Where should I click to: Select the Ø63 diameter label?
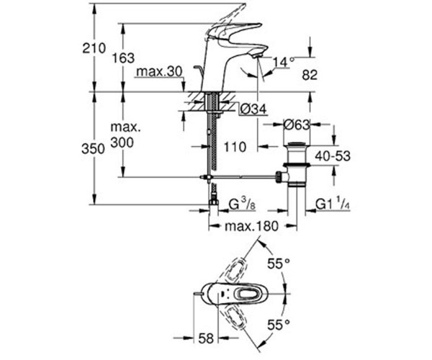[296, 124]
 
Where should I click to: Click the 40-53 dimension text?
[336, 156]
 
